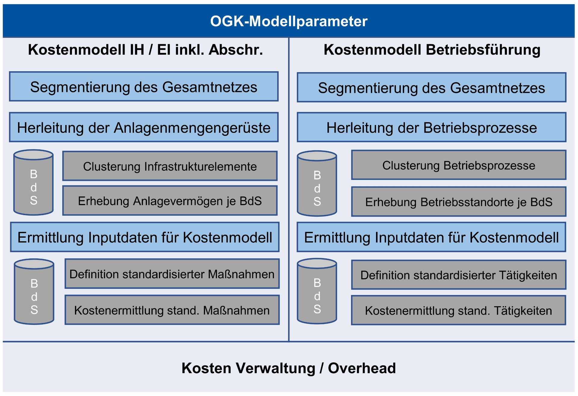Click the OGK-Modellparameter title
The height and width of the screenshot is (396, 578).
coord(289,21)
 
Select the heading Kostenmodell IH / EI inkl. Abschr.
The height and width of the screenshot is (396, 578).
coord(145,50)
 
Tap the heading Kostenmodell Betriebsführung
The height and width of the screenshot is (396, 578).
coord(432,50)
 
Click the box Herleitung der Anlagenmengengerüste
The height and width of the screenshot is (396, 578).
coord(144,127)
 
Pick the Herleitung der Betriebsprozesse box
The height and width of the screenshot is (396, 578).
coord(432,127)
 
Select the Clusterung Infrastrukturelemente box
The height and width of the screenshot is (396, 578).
coord(170,166)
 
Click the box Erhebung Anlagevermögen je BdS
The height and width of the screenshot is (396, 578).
coord(170,201)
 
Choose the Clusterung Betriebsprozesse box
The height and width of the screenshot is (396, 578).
coord(459,165)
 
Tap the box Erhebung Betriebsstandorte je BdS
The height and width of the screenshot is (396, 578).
coord(459,202)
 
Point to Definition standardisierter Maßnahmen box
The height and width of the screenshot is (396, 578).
coord(172,274)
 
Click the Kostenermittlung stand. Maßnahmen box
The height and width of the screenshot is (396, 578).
coord(172,310)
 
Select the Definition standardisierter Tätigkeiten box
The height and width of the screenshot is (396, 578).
coord(459,275)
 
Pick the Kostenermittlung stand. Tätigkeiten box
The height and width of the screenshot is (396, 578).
coord(459,310)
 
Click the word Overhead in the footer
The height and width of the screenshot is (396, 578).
coord(362,368)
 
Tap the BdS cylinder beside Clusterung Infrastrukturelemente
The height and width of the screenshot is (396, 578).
coord(33,182)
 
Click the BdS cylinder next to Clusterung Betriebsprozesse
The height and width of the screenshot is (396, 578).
coord(317,183)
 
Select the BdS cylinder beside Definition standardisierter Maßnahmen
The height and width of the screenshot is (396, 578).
coord(34,291)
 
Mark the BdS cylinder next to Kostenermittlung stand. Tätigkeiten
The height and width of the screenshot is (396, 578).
coord(317,291)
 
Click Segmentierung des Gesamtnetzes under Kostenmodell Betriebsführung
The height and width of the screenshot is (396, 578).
coord(432,87)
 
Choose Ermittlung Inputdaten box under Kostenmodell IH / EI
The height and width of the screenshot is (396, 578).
coord(145,237)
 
